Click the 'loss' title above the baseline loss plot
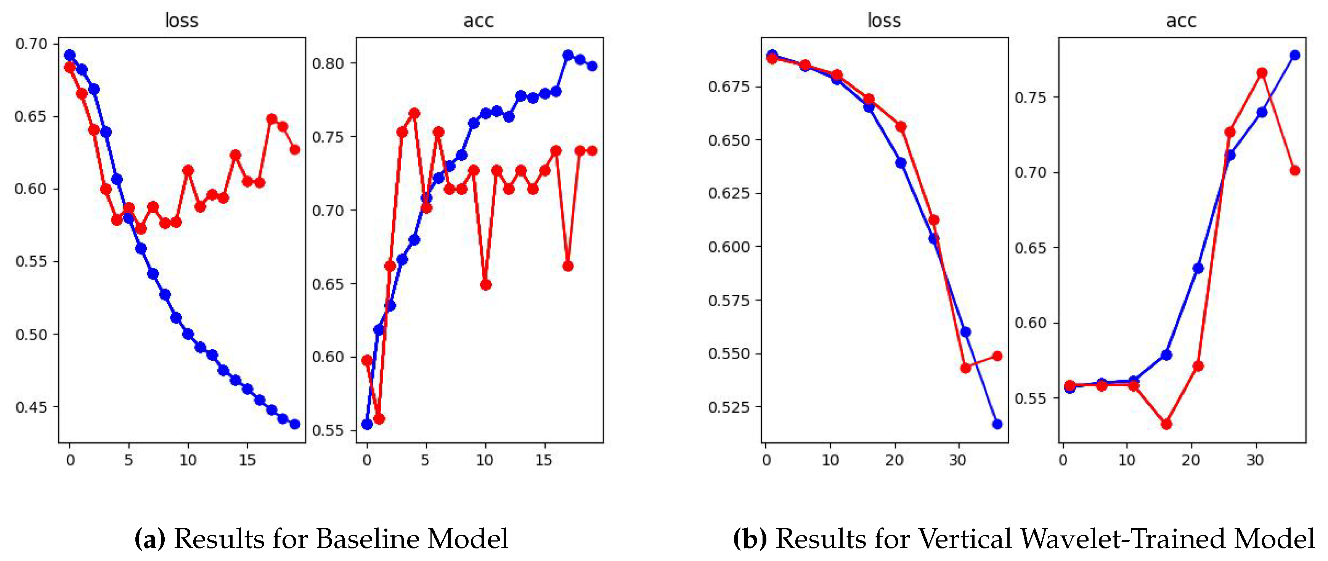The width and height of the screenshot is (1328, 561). click(181, 21)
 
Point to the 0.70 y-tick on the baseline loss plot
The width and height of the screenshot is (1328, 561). click(31, 44)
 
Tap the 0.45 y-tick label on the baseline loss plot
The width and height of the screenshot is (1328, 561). click(31, 407)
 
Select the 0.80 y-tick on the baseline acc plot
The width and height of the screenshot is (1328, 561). click(328, 63)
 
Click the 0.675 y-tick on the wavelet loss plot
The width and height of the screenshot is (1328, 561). click(729, 86)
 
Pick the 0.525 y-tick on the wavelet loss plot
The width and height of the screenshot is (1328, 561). click(729, 407)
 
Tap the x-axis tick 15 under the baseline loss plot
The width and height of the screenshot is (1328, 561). click(247, 460)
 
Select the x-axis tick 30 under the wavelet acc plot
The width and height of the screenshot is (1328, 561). click(1255, 460)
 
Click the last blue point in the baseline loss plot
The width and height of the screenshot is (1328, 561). click(295, 424)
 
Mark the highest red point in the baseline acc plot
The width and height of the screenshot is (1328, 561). click(414, 113)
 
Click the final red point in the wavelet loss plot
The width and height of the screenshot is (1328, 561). click(997, 356)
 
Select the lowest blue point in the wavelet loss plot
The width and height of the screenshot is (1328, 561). click(997, 424)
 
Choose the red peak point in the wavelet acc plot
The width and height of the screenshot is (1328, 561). click(1262, 73)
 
